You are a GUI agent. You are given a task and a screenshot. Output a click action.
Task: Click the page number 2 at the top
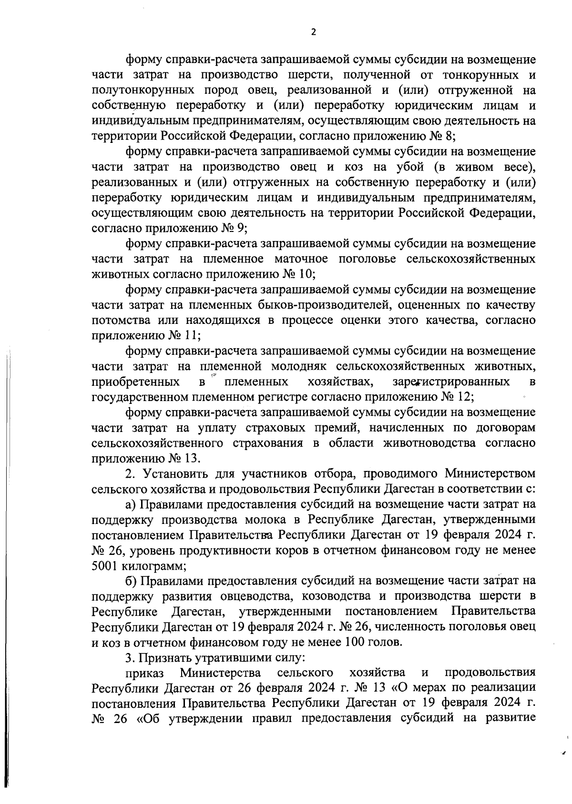313,32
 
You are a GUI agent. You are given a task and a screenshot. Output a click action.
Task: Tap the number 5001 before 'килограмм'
104,566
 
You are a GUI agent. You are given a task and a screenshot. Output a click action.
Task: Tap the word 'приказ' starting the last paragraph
144,673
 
